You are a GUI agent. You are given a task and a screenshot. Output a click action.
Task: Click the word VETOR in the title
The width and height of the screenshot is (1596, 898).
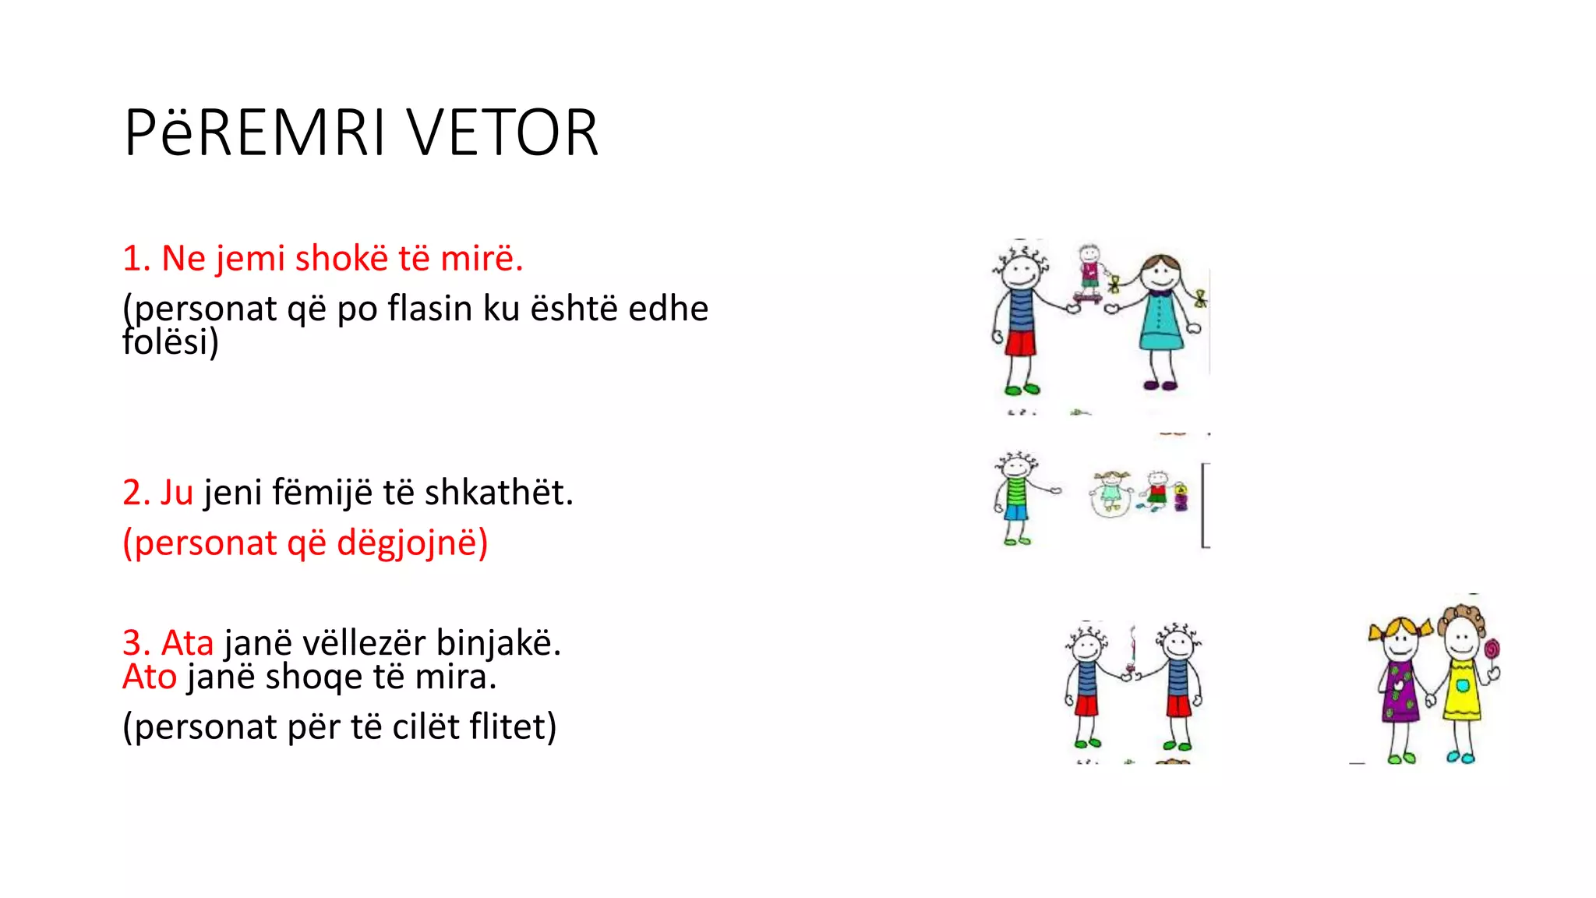click(503, 133)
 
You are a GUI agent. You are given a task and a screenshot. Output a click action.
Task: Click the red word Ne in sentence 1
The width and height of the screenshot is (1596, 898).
click(183, 258)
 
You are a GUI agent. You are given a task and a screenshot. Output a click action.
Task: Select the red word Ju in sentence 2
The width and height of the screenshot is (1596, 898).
click(176, 493)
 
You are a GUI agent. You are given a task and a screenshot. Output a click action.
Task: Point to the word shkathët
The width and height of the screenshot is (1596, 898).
click(498, 493)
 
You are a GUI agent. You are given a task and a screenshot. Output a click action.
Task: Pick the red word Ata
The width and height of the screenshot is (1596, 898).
click(187, 643)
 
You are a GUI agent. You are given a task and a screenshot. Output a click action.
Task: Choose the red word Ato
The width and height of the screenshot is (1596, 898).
click(150, 677)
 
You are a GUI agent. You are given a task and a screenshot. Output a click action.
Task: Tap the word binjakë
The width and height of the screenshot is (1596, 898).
click(498, 643)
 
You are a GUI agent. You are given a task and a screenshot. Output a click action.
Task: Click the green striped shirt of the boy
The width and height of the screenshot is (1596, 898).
click(1015, 492)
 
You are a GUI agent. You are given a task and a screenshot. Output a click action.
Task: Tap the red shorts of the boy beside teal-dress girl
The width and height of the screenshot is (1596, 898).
click(1019, 343)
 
